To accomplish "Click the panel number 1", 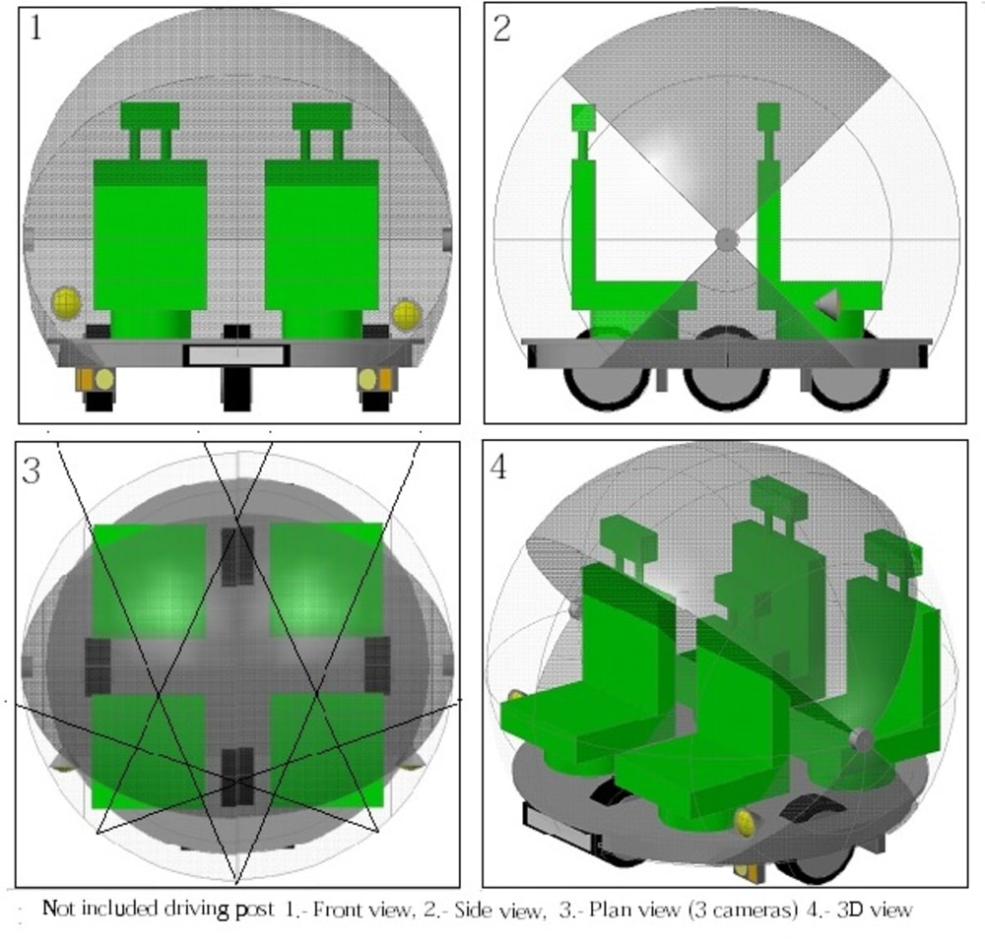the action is (36, 28).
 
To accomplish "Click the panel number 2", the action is (501, 29).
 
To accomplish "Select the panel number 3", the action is (31, 470).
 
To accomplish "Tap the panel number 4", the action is (498, 468).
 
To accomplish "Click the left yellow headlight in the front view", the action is (66, 302).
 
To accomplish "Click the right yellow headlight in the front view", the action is (407, 314).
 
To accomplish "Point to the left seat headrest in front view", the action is (150, 116).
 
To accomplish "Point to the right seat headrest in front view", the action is (322, 116).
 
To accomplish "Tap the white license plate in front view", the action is (236, 355).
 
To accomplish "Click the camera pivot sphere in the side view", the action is (727, 239).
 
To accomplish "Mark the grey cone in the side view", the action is (828, 303).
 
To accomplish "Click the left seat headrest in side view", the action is (583, 117).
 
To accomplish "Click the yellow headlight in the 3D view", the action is (747, 823).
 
